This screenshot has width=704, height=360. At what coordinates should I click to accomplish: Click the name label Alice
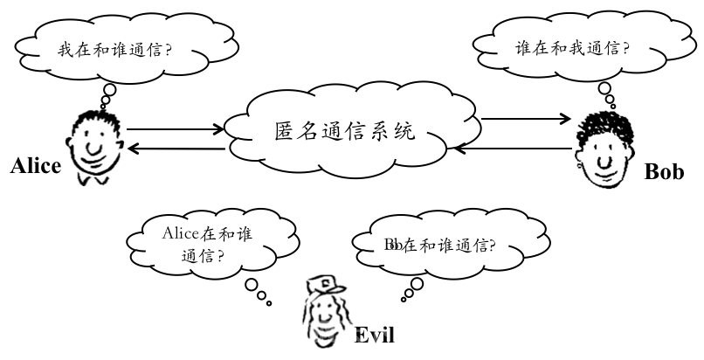click(x=36, y=166)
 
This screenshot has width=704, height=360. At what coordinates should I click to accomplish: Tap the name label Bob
click(x=664, y=171)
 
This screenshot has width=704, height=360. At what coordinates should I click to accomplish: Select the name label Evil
click(x=375, y=335)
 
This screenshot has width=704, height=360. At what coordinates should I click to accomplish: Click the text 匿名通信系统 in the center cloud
click(x=344, y=131)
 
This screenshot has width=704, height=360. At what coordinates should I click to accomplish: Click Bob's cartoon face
click(x=604, y=150)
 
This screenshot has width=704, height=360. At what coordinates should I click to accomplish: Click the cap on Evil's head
click(x=325, y=286)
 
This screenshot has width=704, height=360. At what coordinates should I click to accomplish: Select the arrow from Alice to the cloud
click(x=175, y=129)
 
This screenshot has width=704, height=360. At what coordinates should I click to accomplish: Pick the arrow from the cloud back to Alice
click(x=176, y=149)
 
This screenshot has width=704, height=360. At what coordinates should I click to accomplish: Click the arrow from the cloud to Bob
click(x=526, y=119)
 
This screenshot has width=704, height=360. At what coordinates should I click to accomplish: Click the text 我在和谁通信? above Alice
click(x=115, y=49)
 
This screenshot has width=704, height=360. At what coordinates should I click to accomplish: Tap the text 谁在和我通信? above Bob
click(x=572, y=47)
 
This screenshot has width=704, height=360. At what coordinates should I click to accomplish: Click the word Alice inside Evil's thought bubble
click(x=180, y=233)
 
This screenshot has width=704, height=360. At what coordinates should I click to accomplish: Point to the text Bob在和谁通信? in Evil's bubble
click(x=440, y=245)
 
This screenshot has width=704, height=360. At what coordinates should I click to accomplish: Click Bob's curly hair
click(x=607, y=128)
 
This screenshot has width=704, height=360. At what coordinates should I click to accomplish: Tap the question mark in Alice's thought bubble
click(x=168, y=49)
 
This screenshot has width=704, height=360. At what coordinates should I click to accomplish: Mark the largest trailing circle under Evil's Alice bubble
click(x=252, y=285)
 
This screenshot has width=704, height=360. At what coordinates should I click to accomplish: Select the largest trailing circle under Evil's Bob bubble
click(x=418, y=284)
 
